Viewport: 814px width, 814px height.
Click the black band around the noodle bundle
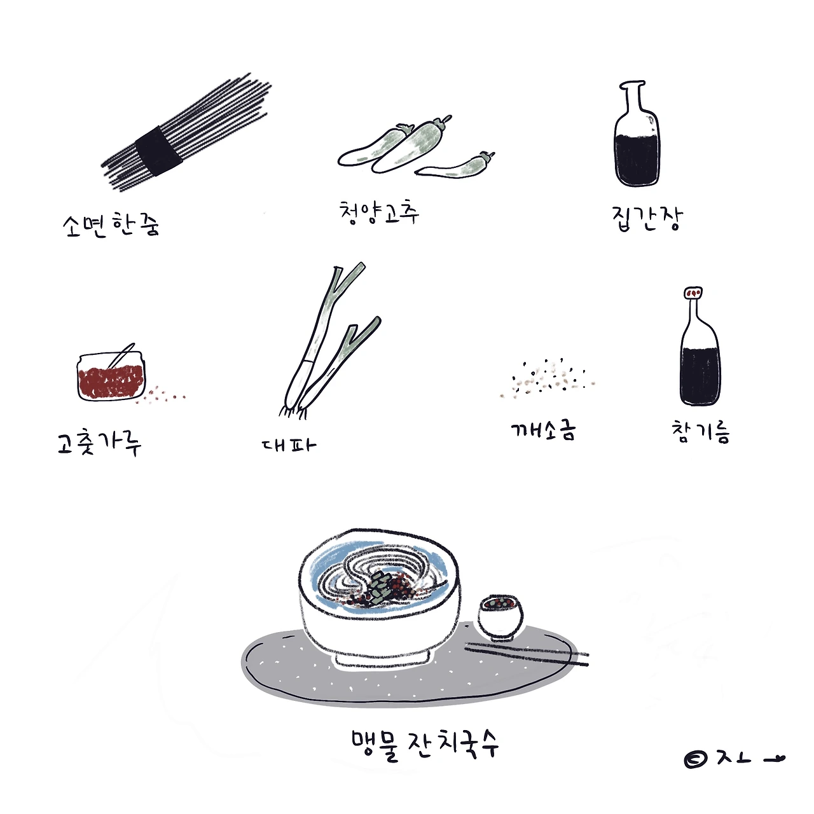pos(159,150)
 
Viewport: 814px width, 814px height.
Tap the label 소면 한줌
pos(111,225)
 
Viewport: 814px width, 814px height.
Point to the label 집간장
pos(647,218)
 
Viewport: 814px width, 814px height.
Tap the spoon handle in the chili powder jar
pos(121,355)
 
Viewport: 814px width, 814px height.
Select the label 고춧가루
pos(99,443)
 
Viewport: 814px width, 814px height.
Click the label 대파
pos(289,445)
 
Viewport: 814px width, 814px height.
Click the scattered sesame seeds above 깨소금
pos(548,378)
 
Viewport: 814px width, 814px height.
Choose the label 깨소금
pos(543,431)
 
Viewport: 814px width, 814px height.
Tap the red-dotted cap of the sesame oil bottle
pos(694,293)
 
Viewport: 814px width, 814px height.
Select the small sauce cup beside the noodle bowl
pos(500,617)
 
